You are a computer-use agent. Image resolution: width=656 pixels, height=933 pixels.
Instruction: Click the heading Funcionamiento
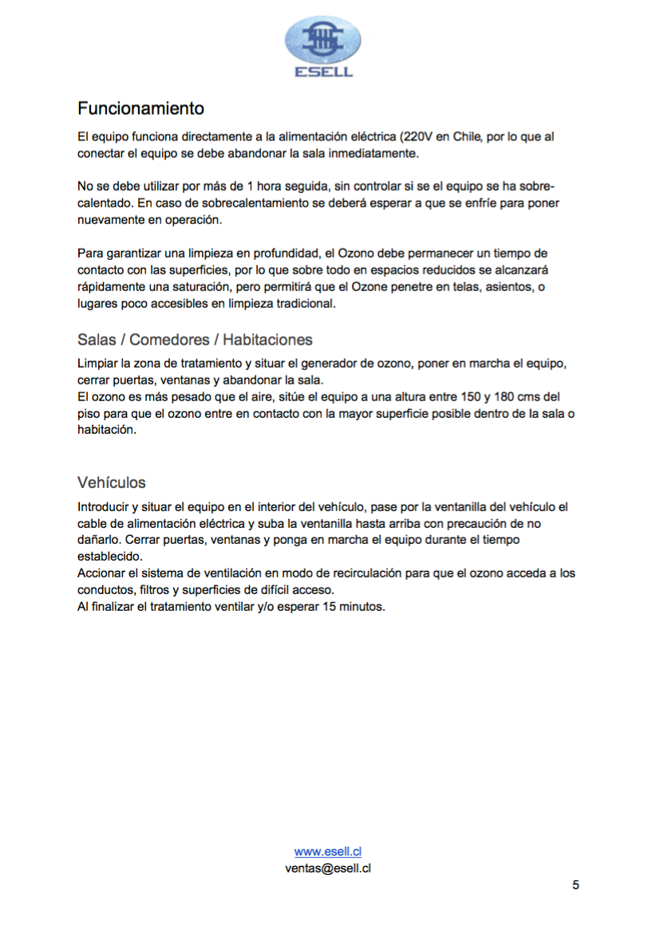pyautogui.click(x=140, y=108)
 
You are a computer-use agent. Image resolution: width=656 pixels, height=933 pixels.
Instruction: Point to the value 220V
pyautogui.click(x=431, y=136)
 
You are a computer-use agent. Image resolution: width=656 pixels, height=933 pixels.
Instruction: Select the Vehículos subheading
pyautogui.click(x=112, y=482)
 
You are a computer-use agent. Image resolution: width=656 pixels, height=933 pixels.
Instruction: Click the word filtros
pyautogui.click(x=158, y=589)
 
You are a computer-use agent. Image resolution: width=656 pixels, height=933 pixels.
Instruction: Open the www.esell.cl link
pyautogui.click(x=328, y=852)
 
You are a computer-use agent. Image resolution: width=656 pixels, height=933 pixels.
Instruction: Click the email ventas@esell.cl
pyautogui.click(x=328, y=868)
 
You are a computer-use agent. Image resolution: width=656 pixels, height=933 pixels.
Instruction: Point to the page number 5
pyautogui.click(x=575, y=885)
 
